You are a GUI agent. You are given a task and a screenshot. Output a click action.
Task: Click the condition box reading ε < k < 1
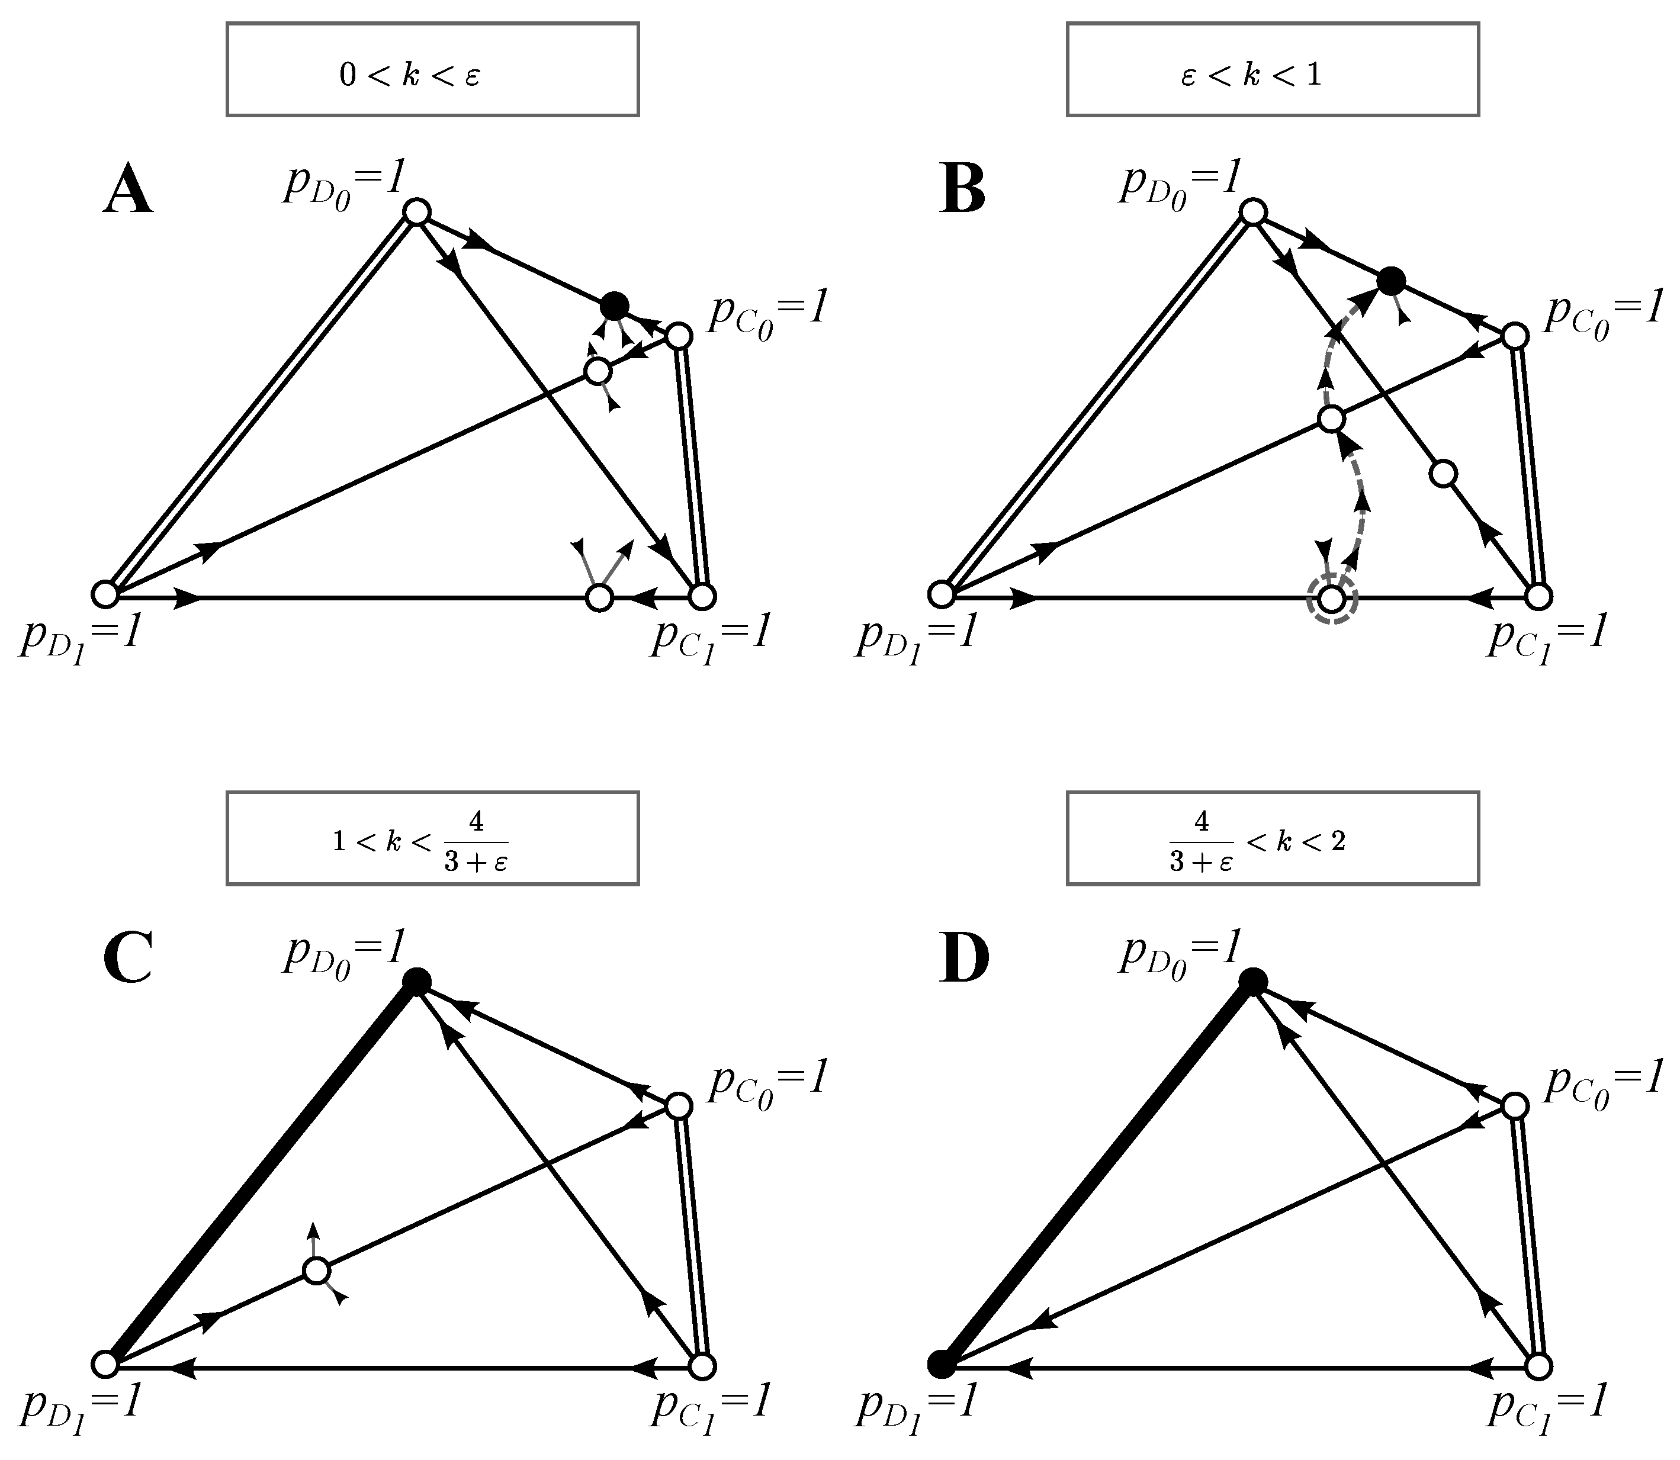coord(1272,70)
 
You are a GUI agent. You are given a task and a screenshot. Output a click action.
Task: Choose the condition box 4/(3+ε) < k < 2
coord(1272,838)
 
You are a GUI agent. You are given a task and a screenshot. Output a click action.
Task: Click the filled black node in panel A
coord(613,306)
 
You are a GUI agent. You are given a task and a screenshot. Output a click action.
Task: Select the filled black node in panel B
coord(1391,281)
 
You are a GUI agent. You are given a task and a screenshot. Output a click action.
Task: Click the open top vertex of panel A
coord(417,213)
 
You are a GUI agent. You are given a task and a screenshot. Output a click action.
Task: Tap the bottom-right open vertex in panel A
coord(702,596)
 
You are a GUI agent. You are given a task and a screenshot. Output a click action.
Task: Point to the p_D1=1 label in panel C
coord(82,1406)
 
